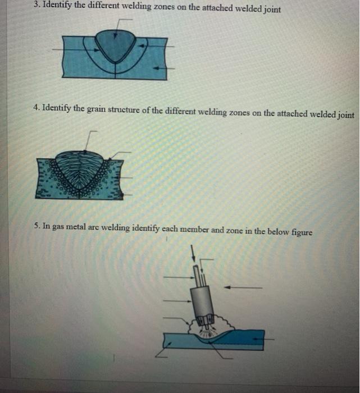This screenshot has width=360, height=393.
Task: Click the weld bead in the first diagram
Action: (116, 45)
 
